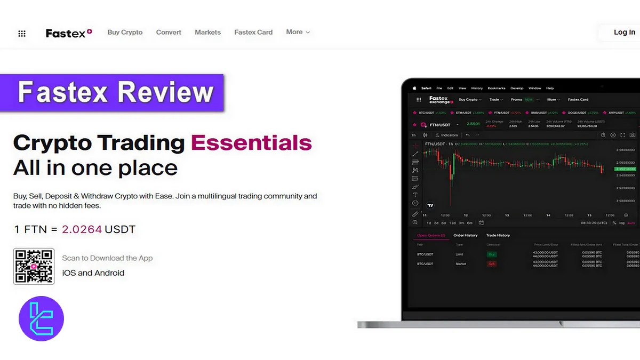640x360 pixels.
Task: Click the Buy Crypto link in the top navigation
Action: [x=125, y=33]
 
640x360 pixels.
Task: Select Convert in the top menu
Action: [x=169, y=33]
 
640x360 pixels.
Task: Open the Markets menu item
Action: [x=207, y=33]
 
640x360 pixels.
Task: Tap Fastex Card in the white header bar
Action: [x=253, y=33]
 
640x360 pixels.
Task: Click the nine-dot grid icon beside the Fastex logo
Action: [x=22, y=34]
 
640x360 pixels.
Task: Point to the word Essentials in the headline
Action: [x=251, y=143]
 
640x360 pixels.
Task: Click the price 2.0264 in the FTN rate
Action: [x=82, y=230]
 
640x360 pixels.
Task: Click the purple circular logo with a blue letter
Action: [x=41, y=319]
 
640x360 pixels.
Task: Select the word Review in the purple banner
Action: [x=165, y=92]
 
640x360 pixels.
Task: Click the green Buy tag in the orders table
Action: [x=491, y=254]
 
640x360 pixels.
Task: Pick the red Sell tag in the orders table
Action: [x=491, y=264]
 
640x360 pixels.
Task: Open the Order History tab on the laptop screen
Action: [x=465, y=235]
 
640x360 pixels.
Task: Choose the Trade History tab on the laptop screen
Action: [x=498, y=235]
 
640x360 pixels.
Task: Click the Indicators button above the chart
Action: [x=447, y=135]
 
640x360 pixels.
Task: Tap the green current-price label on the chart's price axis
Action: [x=624, y=169]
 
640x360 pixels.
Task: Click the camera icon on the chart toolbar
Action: [x=633, y=135]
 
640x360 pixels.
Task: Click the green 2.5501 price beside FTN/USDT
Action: [x=473, y=124]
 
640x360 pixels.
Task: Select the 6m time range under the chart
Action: [x=469, y=223]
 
